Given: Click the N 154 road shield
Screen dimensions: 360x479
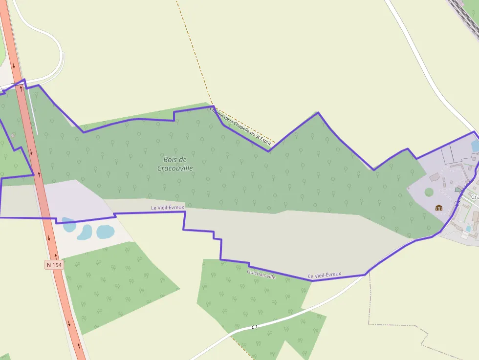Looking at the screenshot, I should [x=54, y=265].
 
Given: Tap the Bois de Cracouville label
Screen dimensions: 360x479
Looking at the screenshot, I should [x=175, y=164].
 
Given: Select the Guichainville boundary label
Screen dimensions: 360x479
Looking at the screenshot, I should [x=261, y=274].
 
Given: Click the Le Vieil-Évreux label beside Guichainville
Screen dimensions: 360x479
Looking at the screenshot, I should [x=325, y=275].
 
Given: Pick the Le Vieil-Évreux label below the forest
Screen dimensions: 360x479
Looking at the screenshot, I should [x=168, y=208].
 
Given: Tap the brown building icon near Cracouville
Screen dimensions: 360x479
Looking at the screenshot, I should [x=438, y=208].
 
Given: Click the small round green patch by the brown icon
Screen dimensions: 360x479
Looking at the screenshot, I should [x=429, y=192].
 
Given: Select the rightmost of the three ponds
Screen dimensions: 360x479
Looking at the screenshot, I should [x=105, y=232].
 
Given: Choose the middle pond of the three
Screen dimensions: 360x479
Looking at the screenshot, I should [x=85, y=232].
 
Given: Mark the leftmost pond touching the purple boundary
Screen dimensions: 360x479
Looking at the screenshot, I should [x=68, y=225].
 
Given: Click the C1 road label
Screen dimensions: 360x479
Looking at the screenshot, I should [x=255, y=326].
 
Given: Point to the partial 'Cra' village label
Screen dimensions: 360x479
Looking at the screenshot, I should [x=474, y=196].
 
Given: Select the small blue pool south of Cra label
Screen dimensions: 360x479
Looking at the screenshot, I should [x=469, y=228].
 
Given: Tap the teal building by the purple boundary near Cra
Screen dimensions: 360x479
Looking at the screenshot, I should [x=458, y=190].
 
